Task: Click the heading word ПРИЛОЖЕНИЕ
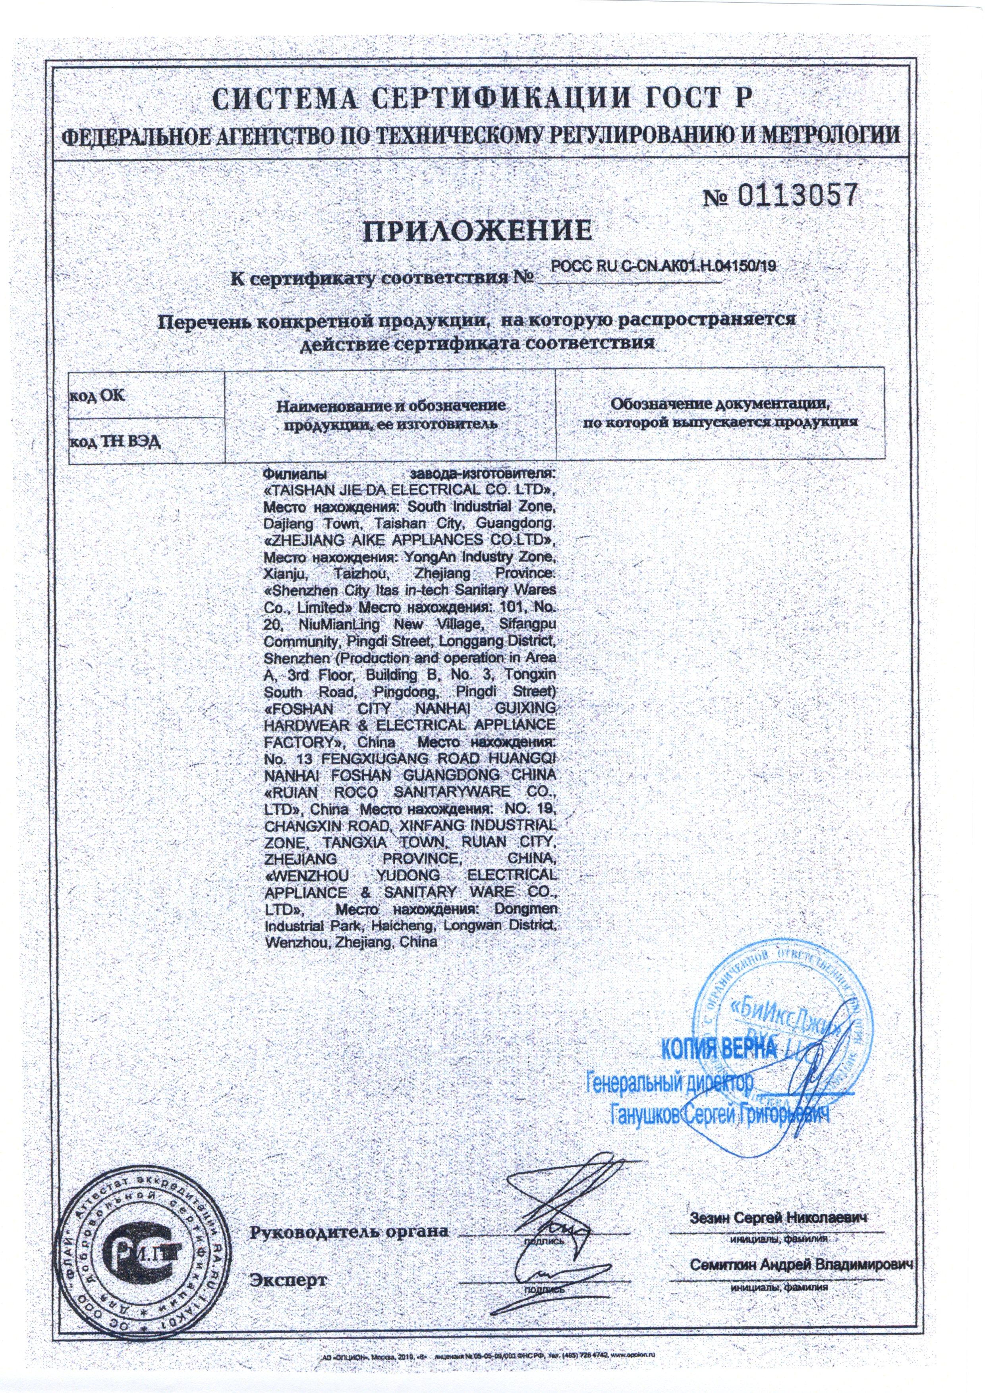pyautogui.click(x=477, y=231)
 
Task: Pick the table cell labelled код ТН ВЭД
pyautogui.click(x=115, y=441)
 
